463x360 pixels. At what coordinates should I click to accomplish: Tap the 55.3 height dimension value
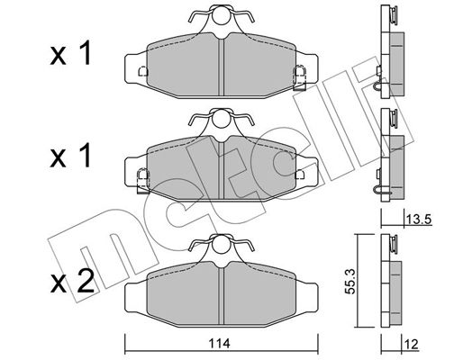tap(351, 281)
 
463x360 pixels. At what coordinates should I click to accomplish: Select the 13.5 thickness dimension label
tap(419, 220)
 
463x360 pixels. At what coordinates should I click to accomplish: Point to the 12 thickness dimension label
tap(413, 345)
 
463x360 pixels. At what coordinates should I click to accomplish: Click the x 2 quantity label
tap(72, 282)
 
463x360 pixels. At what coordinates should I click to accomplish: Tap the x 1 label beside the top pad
tap(71, 54)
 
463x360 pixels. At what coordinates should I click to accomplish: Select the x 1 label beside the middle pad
tap(71, 156)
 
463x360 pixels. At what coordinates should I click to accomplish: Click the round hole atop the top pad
tap(222, 15)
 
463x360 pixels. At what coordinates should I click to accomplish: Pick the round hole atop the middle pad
tap(222, 118)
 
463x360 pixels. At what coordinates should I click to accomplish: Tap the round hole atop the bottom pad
tap(222, 244)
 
